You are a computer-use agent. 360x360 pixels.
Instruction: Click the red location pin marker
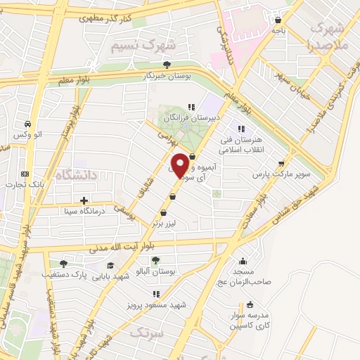[x=181, y=165]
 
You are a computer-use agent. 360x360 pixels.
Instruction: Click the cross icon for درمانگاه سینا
[x=85, y=200]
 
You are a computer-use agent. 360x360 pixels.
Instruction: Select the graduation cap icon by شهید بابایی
[x=110, y=265]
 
